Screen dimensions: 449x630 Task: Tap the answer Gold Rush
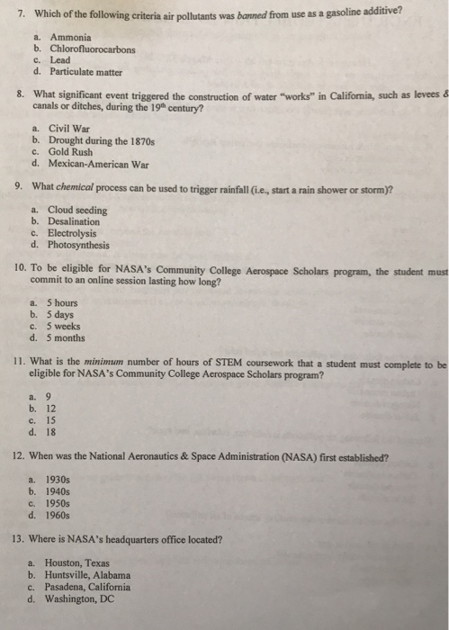pyautogui.click(x=72, y=152)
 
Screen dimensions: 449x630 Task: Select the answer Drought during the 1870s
pyautogui.click(x=94, y=140)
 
